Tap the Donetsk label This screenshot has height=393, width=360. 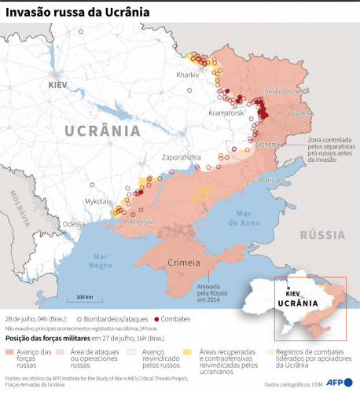point(271,145)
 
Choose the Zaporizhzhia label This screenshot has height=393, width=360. point(184,157)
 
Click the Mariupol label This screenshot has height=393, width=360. point(271,180)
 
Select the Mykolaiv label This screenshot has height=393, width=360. point(98,201)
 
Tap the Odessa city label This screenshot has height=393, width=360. point(74,224)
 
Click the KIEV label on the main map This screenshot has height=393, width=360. point(58,84)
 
